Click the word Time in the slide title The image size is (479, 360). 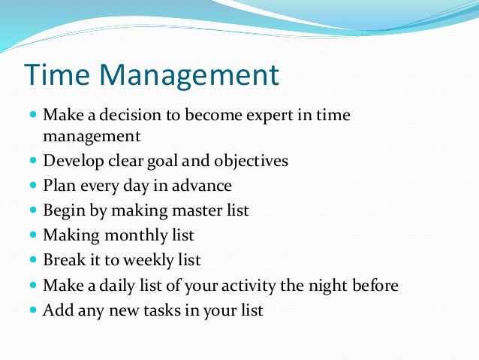click(59, 76)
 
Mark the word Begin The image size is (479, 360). click(62, 210)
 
